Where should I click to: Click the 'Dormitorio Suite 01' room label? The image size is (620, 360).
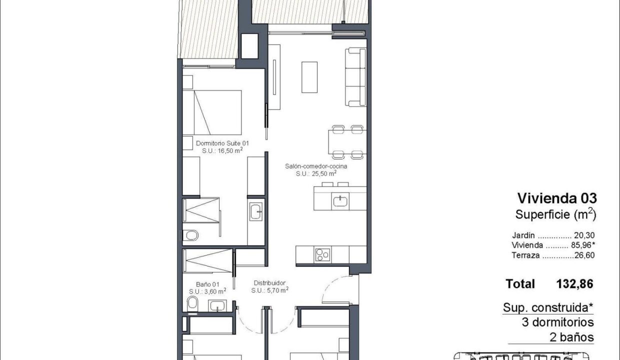[222, 143]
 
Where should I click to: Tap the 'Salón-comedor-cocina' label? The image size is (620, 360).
[316, 166]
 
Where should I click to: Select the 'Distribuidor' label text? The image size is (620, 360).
[269, 283]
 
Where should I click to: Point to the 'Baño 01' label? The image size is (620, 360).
[207, 284]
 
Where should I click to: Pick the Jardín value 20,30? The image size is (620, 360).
[584, 235]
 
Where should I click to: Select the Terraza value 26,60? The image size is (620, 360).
[584, 255]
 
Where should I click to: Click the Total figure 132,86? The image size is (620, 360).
[575, 284]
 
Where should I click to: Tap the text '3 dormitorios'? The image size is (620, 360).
[557, 322]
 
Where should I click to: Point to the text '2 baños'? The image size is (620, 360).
[571, 337]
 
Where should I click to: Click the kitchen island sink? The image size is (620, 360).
[340, 201]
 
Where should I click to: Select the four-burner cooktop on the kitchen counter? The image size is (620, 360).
[322, 254]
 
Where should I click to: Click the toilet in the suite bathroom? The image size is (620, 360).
[190, 235]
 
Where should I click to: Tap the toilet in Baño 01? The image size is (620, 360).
[192, 304]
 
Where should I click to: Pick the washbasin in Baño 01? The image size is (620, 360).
[217, 306]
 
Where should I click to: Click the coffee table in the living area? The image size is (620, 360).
[309, 77]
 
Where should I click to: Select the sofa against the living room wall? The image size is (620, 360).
[355, 77]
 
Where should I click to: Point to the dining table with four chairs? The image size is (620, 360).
[347, 142]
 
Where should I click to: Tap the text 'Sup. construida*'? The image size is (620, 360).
[548, 307]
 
